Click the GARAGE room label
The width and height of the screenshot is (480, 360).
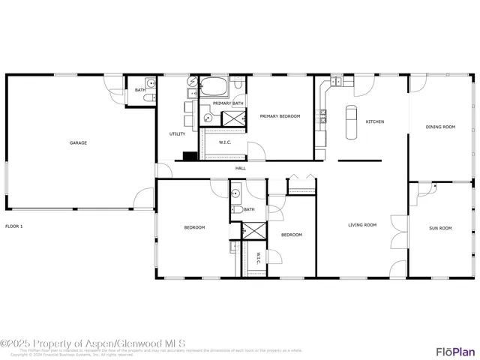(x=79, y=142)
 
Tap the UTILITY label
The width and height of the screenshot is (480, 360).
(x=177, y=133)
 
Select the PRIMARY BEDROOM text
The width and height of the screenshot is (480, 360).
(x=280, y=116)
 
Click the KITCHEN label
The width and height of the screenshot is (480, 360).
(x=375, y=121)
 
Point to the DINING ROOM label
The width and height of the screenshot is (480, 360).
(x=440, y=127)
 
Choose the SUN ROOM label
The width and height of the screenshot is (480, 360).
(x=440, y=227)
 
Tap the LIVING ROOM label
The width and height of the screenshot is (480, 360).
(x=362, y=224)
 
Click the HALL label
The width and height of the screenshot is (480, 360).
(x=241, y=168)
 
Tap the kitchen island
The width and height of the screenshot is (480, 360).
(x=351, y=122)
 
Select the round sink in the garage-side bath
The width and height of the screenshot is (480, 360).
(x=150, y=82)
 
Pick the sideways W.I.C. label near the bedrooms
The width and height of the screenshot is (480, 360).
(x=258, y=258)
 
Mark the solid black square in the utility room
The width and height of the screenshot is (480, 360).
(x=188, y=156)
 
